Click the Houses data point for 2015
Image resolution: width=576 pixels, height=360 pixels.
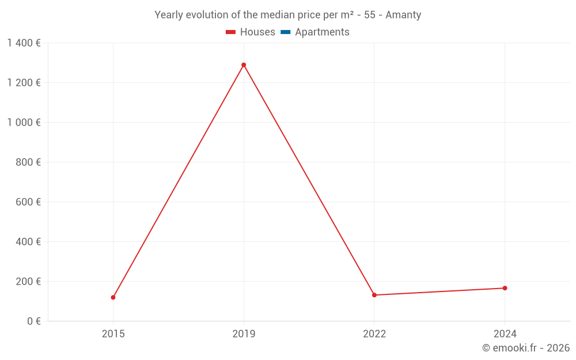pyautogui.click(x=113, y=297)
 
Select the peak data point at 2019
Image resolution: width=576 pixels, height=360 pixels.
pyautogui.click(x=244, y=65)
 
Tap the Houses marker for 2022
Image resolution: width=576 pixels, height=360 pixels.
pyautogui.click(x=374, y=295)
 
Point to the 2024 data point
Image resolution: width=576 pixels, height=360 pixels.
pyautogui.click(x=505, y=288)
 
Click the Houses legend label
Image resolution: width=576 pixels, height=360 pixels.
pyautogui.click(x=257, y=32)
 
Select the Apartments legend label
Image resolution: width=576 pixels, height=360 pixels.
pyautogui.click(x=322, y=32)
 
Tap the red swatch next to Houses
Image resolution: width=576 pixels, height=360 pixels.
pyautogui.click(x=231, y=32)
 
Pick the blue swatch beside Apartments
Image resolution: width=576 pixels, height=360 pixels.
pyautogui.click(x=286, y=32)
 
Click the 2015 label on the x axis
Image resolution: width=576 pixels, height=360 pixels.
pyautogui.click(x=113, y=334)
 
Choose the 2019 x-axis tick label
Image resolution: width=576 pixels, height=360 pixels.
pyautogui.click(x=244, y=334)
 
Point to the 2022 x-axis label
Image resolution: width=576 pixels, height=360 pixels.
pyautogui.click(x=374, y=334)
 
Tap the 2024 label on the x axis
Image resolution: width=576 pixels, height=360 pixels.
pyautogui.click(x=505, y=334)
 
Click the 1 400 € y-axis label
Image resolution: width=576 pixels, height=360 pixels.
pyautogui.click(x=24, y=43)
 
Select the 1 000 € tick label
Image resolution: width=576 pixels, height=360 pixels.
pyautogui.click(x=24, y=123)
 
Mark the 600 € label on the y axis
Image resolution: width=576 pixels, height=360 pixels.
pyautogui.click(x=28, y=202)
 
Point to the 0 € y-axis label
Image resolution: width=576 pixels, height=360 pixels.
pyautogui.click(x=34, y=321)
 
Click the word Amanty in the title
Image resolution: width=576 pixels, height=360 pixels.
pyautogui.click(x=403, y=15)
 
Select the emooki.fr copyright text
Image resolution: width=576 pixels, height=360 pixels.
pyautogui.click(x=526, y=348)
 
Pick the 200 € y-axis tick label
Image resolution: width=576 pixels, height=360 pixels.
pyautogui.click(x=28, y=282)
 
